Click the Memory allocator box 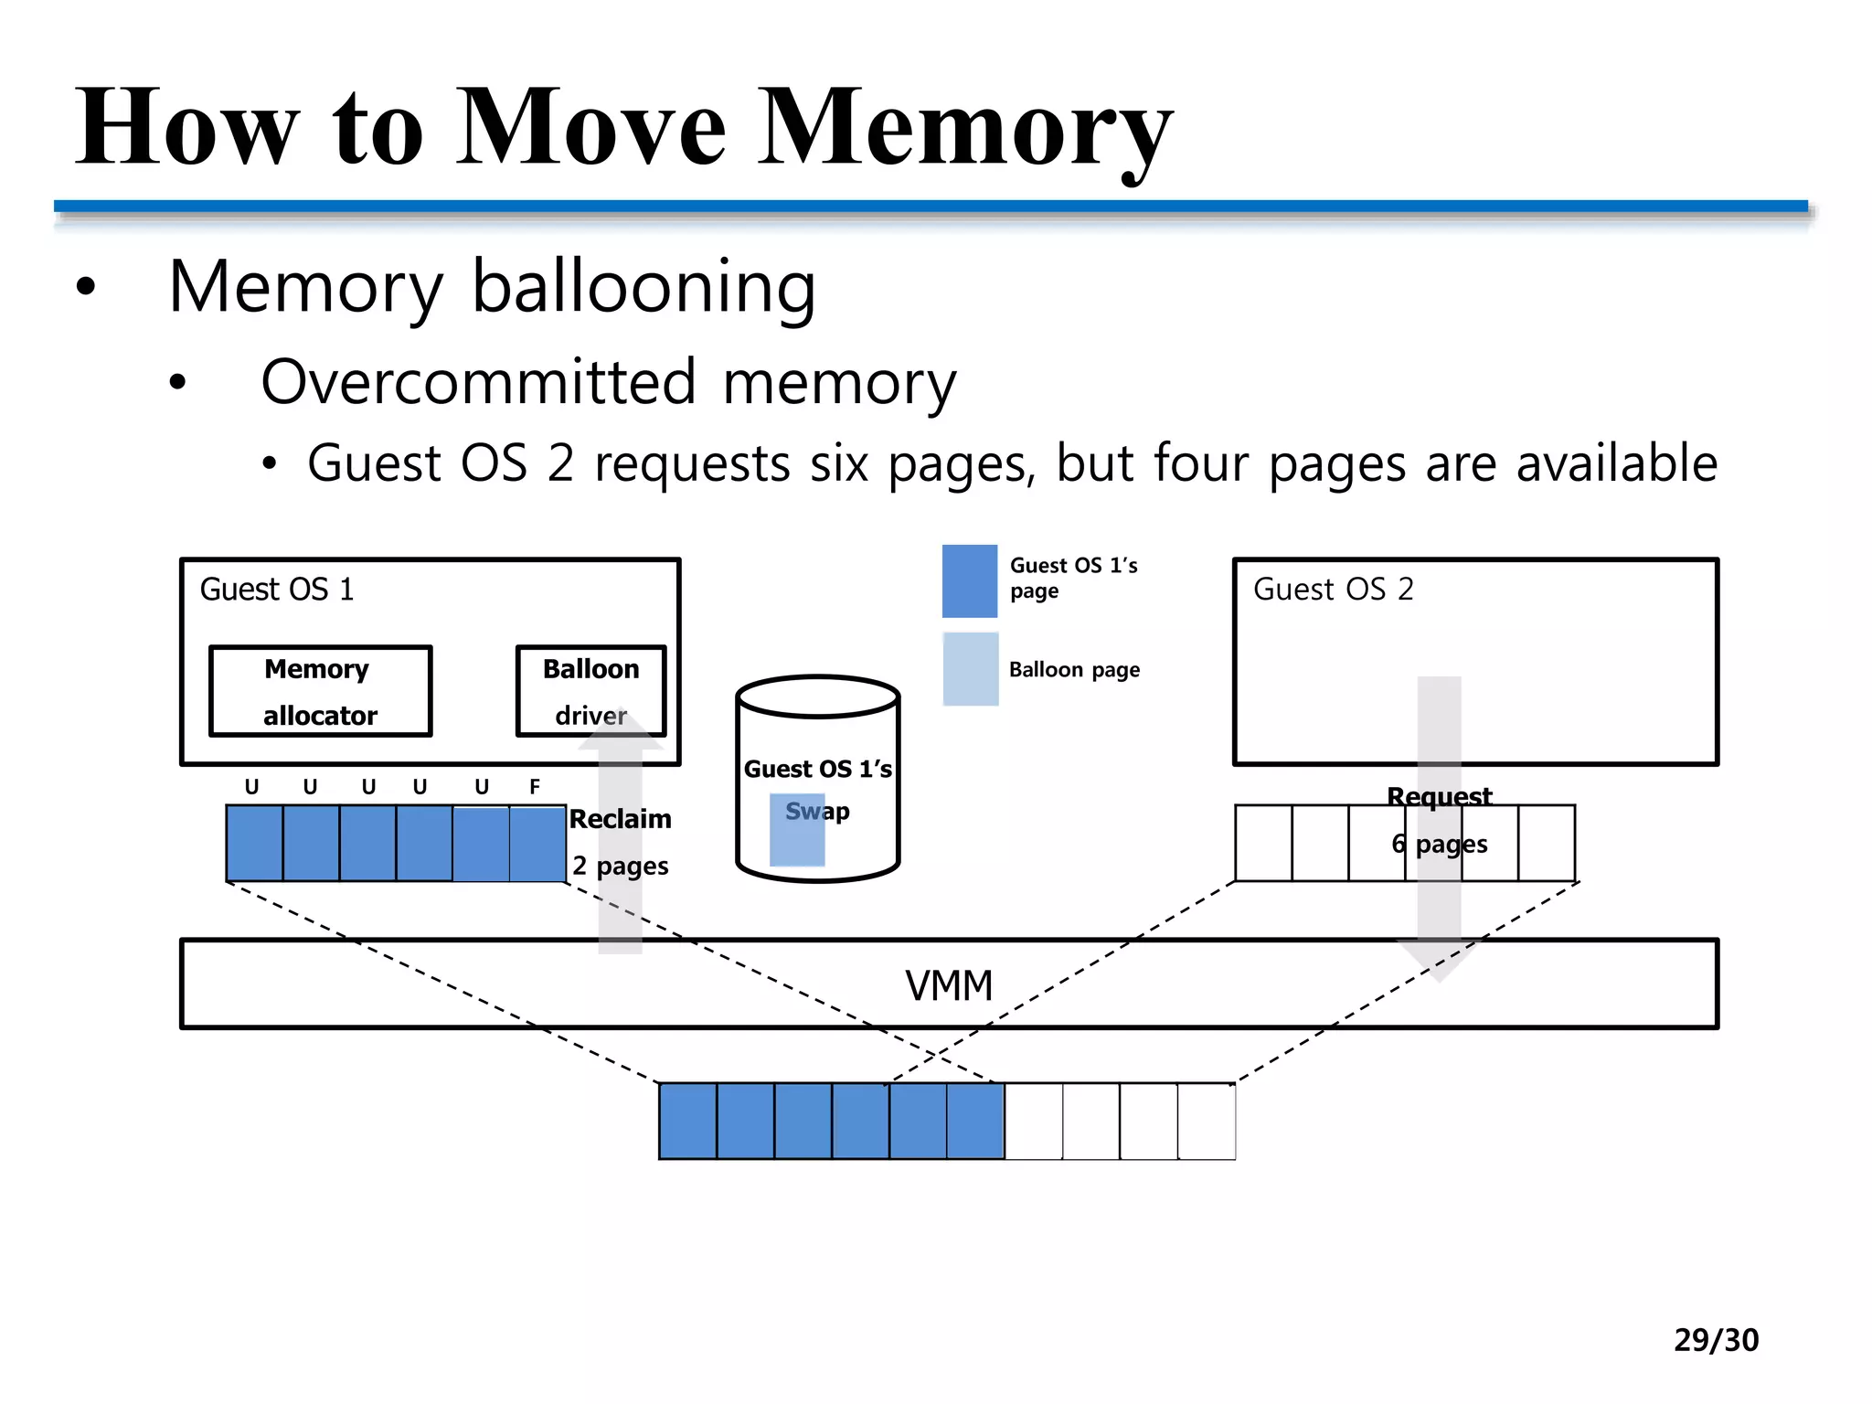tap(320, 691)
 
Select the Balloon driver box tap(590, 691)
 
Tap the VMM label tap(949, 985)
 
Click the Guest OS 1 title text tap(276, 590)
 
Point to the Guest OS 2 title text tap(1333, 590)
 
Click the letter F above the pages tap(535, 787)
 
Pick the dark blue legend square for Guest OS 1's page tap(970, 581)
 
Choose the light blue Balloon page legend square tap(970, 669)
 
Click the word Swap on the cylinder tap(817, 811)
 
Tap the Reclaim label tap(620, 819)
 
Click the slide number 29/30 tap(1716, 1340)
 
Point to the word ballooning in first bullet tap(643, 287)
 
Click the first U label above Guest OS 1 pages tap(251, 787)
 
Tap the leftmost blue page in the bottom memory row tap(687, 1121)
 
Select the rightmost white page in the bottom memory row tap(1207, 1121)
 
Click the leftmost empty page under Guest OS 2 tap(1263, 843)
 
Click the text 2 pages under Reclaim tap(620, 866)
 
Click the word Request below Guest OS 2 tap(1439, 797)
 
